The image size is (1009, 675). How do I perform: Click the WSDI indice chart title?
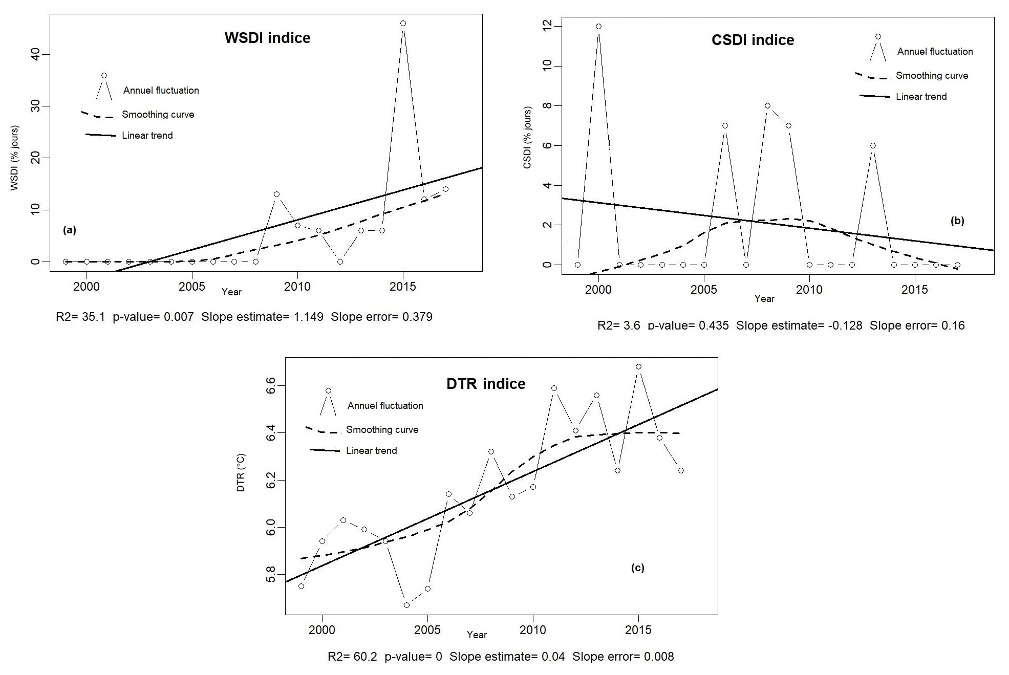click(x=267, y=38)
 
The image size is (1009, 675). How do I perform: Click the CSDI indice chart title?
click(x=753, y=40)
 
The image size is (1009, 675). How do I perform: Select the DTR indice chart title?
click(x=486, y=384)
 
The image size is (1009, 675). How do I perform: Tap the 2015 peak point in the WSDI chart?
click(x=403, y=24)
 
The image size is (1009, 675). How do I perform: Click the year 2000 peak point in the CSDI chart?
click(x=598, y=26)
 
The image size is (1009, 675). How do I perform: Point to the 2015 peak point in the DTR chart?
click(x=638, y=367)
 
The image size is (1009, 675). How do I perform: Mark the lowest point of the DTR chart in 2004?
click(x=406, y=605)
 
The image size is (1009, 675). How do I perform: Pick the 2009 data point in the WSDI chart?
click(x=276, y=194)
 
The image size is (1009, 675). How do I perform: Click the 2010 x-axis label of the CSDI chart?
click(x=809, y=290)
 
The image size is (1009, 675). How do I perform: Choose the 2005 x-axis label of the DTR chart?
click(x=427, y=630)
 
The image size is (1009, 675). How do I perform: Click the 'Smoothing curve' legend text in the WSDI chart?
click(x=158, y=115)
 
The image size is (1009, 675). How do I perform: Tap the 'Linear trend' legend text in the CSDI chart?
click(x=921, y=97)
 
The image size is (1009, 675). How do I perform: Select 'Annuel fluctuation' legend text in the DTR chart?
click(x=385, y=406)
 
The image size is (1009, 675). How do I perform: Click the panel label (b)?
click(x=957, y=221)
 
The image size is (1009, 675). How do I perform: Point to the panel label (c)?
click(x=637, y=568)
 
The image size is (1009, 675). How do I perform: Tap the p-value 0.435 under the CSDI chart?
click(x=714, y=325)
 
